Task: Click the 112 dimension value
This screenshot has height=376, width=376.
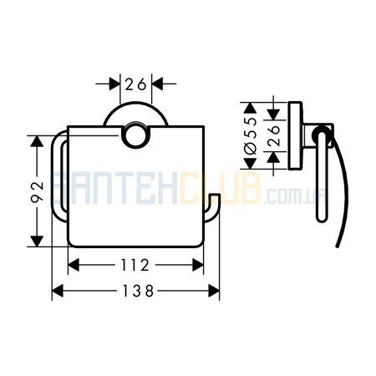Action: pyautogui.click(x=135, y=265)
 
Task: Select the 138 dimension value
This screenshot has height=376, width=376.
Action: pyautogui.click(x=138, y=291)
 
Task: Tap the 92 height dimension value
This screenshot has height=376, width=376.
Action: pyautogui.click(x=38, y=192)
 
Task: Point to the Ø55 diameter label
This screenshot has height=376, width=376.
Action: pyautogui.click(x=250, y=135)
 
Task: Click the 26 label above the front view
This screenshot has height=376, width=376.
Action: pyautogui.click(x=135, y=84)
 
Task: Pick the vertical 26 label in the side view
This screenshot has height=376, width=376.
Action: pyautogui.click(x=273, y=135)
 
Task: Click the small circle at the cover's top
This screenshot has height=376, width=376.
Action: pyautogui.click(x=135, y=135)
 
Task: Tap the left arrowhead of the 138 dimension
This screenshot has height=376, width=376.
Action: pyautogui.click(x=58, y=291)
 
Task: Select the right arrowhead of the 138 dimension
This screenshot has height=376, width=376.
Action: pyautogui.click(x=214, y=291)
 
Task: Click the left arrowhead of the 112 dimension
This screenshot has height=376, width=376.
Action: pyautogui.click(x=74, y=265)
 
